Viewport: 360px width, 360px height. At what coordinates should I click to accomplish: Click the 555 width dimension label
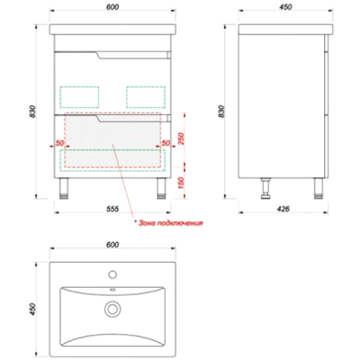click(112, 209)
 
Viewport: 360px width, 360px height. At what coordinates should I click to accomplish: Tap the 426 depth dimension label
click(283, 209)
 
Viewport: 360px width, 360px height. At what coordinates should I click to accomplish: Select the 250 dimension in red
click(181, 139)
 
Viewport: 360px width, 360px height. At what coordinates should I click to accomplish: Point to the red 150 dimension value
click(181, 184)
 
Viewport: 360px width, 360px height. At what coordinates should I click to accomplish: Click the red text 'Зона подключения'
click(170, 223)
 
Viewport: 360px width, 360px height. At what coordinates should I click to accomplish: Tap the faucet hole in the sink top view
click(112, 274)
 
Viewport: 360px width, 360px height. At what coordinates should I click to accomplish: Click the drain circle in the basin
click(112, 309)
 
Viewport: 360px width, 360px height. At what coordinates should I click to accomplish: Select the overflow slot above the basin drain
click(112, 290)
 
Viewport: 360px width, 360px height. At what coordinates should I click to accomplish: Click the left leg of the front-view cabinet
click(64, 188)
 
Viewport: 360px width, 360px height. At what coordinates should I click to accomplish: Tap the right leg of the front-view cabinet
click(161, 188)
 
